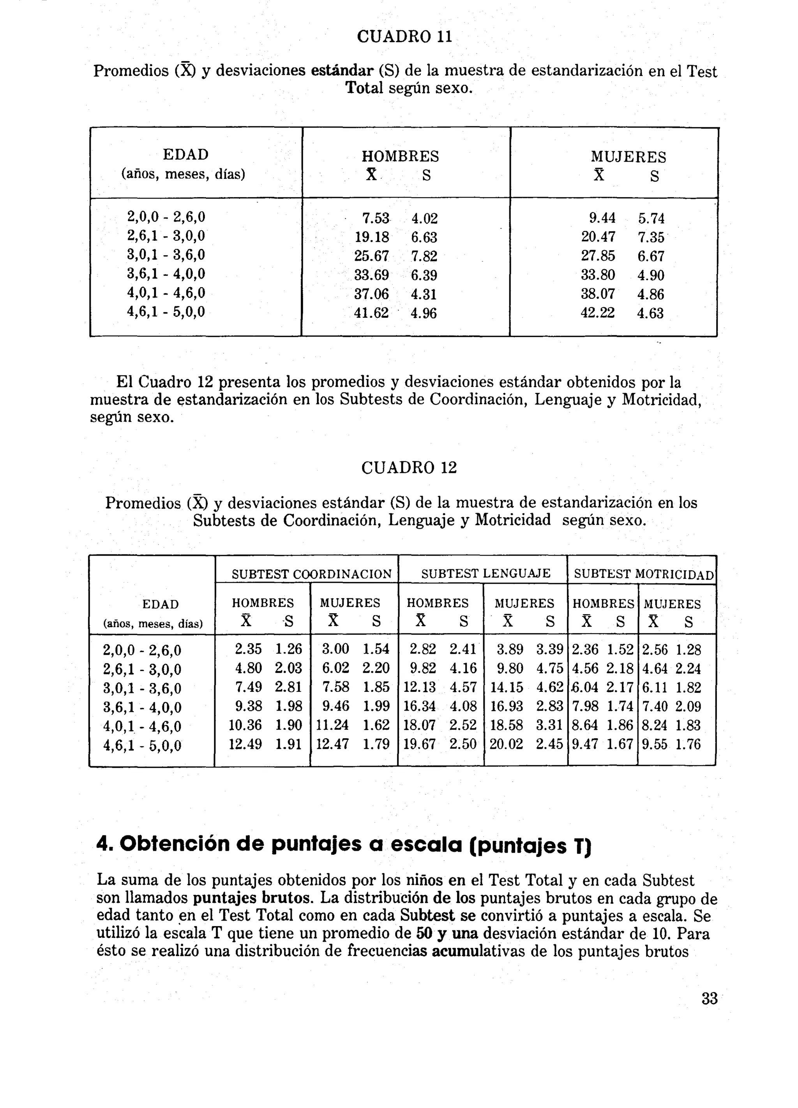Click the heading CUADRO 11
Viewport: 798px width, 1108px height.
[x=404, y=37]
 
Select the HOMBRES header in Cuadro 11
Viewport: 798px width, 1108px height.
[x=400, y=156]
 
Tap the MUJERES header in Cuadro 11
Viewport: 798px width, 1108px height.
[x=628, y=157]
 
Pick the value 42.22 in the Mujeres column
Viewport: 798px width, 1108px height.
[x=597, y=313]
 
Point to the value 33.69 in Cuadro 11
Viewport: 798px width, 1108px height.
[x=371, y=275]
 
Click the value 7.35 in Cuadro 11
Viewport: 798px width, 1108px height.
[x=651, y=237]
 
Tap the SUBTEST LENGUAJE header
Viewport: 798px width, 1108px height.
[x=486, y=573]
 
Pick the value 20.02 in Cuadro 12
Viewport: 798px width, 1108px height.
[x=506, y=744]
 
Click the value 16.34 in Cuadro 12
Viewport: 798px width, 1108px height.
[x=419, y=706]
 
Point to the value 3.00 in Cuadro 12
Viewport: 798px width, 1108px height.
[x=335, y=649]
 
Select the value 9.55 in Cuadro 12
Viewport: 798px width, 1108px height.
[x=654, y=744]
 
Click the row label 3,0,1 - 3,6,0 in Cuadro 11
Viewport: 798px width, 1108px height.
[x=166, y=254]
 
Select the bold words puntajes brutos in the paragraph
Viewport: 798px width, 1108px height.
[x=251, y=898]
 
